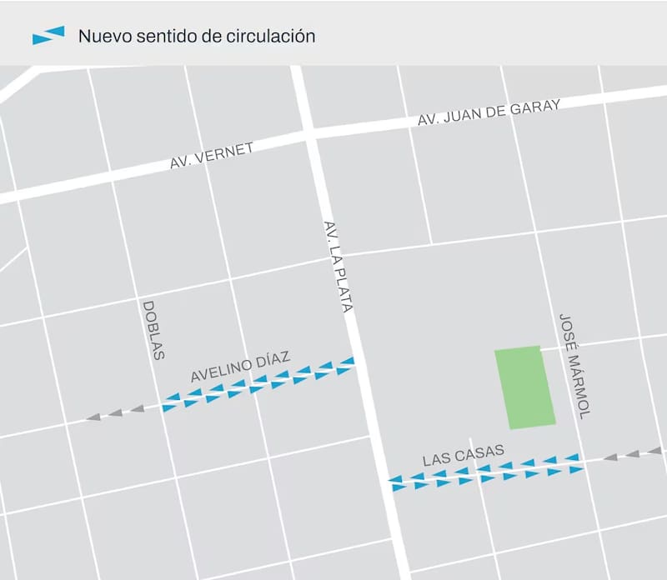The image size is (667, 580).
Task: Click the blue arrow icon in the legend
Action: [x=48, y=36]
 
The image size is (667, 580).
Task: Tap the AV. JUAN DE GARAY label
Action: [x=489, y=113]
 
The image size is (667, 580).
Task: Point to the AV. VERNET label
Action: [x=211, y=156]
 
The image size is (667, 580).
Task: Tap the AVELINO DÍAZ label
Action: [x=240, y=367]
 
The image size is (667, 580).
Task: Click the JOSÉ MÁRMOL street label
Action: [x=574, y=365]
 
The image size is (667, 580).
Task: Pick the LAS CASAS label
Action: [x=463, y=455]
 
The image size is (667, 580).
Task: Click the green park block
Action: [x=524, y=388]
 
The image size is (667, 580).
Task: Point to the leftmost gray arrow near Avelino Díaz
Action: [x=93, y=416]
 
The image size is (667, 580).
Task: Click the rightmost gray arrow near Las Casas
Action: [x=654, y=451]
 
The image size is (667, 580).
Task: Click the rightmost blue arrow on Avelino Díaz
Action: [x=347, y=361]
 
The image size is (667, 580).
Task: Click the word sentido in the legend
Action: [x=166, y=37]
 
